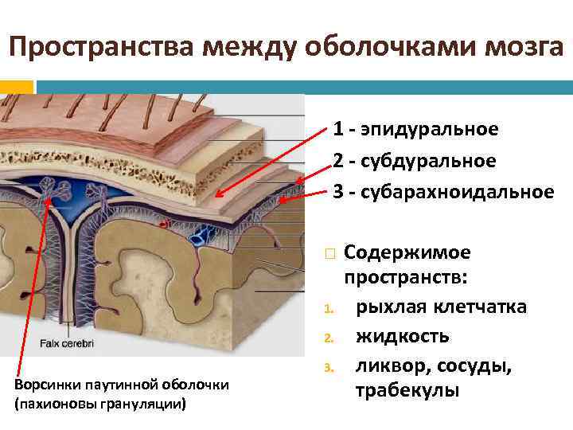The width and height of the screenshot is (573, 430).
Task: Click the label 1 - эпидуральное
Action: click(x=415, y=128)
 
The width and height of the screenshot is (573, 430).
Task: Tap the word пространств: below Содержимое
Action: click(x=406, y=279)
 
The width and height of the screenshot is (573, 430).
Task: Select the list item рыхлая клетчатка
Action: click(x=441, y=307)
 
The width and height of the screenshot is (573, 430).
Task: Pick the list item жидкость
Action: click(x=402, y=335)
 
